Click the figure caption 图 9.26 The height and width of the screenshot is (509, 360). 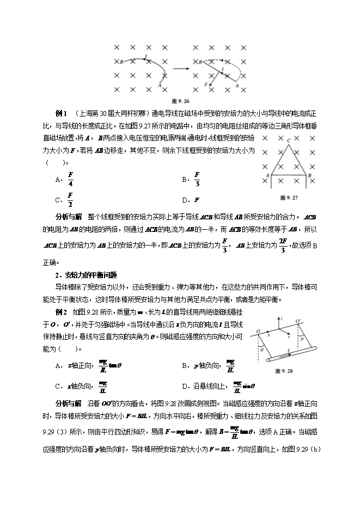(x=180, y=100)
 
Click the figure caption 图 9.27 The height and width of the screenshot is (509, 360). (x=288, y=197)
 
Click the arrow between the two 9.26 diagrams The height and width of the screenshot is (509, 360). (x=180, y=69)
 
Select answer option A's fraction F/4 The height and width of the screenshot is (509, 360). (x=70, y=179)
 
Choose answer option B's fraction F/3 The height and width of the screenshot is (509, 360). (x=197, y=179)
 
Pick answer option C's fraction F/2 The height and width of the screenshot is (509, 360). (x=70, y=199)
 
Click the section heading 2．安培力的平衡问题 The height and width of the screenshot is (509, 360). (x=86, y=274)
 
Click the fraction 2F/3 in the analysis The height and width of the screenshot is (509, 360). (x=283, y=246)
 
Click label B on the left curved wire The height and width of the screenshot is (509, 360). (x=120, y=62)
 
